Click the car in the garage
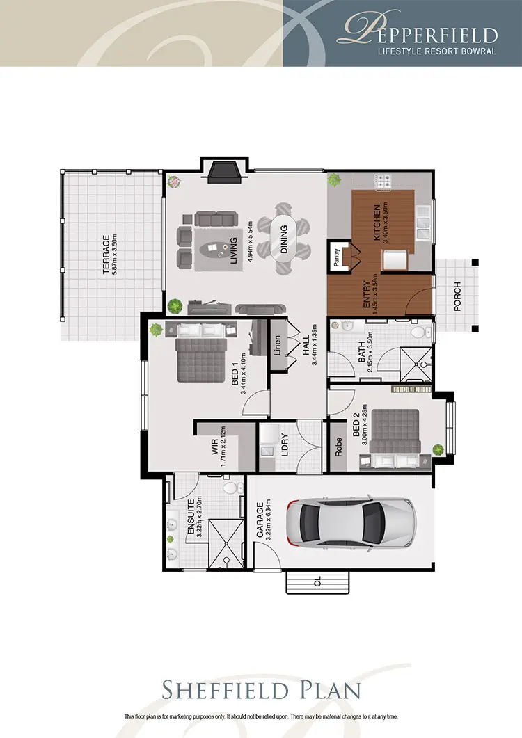pos(351,523)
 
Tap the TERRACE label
pos(106,254)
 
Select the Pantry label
pos(336,257)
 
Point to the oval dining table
pos(283,239)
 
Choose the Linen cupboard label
pos(278,345)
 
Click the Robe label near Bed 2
pos(338,447)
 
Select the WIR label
pos(215,447)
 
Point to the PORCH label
pos(457,296)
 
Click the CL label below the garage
pos(317,582)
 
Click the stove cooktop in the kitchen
pos(383,182)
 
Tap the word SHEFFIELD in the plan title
pos(226,691)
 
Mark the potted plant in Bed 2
pos(438,449)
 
